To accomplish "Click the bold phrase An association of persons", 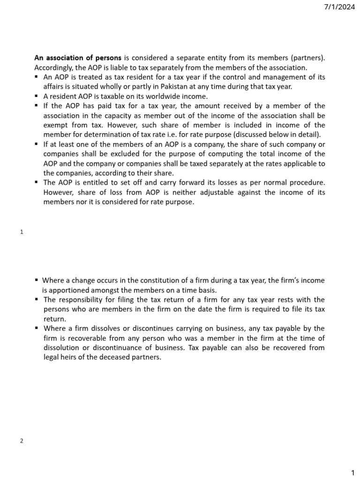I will click(x=78, y=58).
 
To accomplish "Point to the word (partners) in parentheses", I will click(x=307, y=58).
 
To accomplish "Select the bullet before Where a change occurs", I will click(x=37, y=280).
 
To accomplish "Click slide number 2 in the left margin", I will click(x=22, y=441).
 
